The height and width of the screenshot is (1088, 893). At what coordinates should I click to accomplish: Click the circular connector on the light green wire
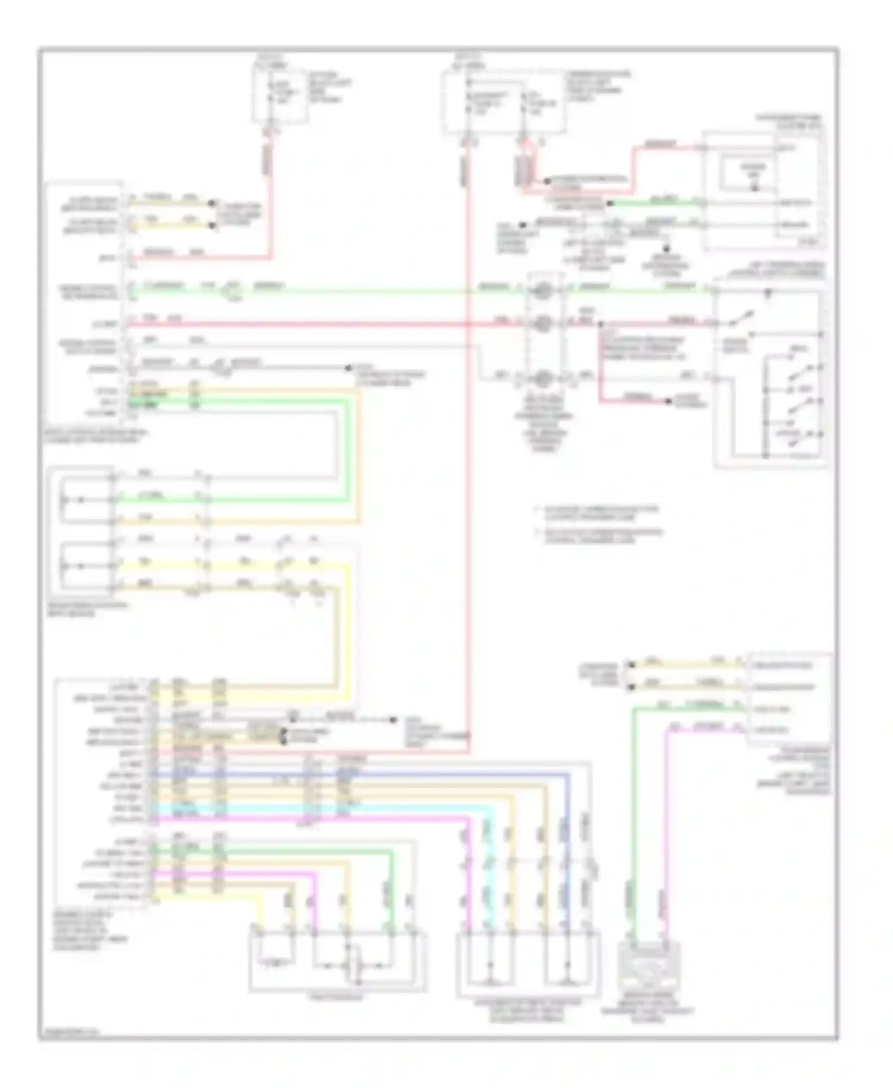(542, 290)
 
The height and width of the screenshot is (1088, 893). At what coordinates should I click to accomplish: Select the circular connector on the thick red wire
(542, 324)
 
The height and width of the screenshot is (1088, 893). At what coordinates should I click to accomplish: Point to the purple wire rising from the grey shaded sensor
(666, 833)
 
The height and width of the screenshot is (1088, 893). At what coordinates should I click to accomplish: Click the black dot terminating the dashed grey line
(394, 720)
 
